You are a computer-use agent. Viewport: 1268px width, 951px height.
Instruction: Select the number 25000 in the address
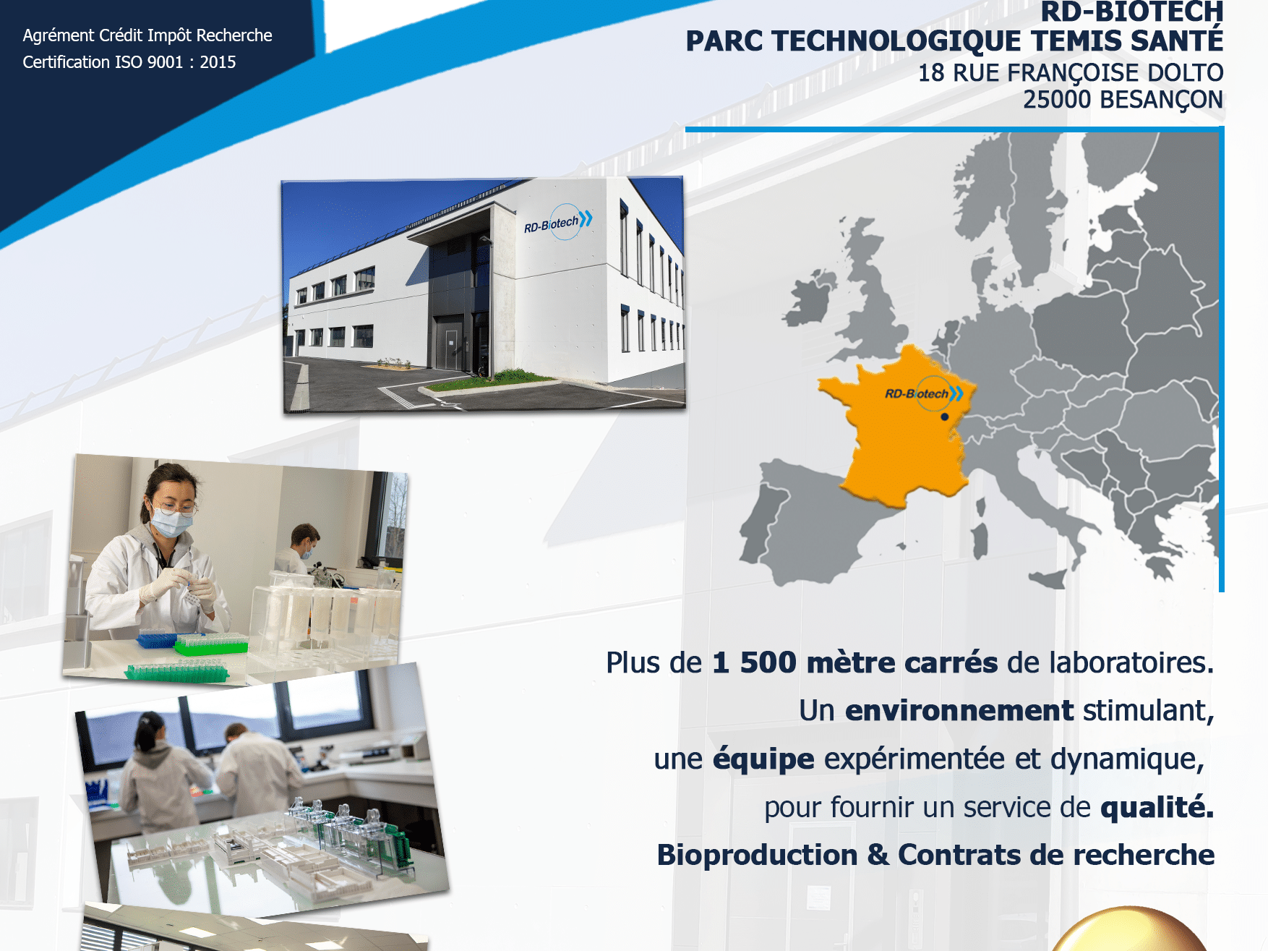point(1057,100)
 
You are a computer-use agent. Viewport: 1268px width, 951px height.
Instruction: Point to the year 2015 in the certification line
point(218,62)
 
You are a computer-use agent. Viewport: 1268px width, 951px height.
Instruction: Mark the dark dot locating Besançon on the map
point(944,417)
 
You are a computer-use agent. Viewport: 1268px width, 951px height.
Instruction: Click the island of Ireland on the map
point(811,297)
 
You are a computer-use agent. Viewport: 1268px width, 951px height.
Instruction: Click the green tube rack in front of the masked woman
point(210,642)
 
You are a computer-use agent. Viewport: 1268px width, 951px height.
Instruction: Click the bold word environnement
point(959,711)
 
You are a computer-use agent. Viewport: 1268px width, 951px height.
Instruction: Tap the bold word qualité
point(1157,807)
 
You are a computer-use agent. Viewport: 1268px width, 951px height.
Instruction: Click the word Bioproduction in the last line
point(758,856)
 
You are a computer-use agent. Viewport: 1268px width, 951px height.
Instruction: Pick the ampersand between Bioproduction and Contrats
point(878,855)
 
